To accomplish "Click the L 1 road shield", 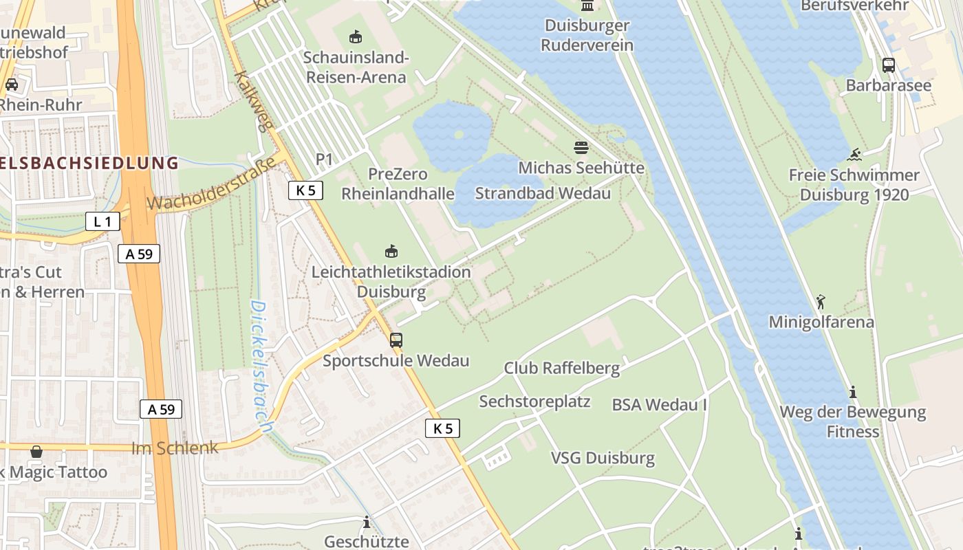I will pos(102,221).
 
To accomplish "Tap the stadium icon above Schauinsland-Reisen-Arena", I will pos(356,36).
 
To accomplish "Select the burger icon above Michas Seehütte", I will pos(581,147).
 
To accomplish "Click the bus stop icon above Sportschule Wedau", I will pos(396,340).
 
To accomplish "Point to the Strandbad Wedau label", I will pos(543,193).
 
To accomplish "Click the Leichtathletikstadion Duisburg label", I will pos(391,281).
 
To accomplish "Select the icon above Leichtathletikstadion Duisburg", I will pos(391,251).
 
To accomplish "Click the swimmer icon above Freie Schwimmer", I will pos(855,155).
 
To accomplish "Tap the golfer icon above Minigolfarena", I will pos(821,302).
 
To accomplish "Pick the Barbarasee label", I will pos(889,86).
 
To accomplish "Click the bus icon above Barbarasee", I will pos(889,65).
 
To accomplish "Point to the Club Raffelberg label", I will pos(562,368).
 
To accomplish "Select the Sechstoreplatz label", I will pos(534,401).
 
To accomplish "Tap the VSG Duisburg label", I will pos(603,458).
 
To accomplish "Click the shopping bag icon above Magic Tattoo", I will pos(36,452).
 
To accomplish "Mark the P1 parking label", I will pos(324,159).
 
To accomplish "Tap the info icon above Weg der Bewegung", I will pos(853,392).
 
